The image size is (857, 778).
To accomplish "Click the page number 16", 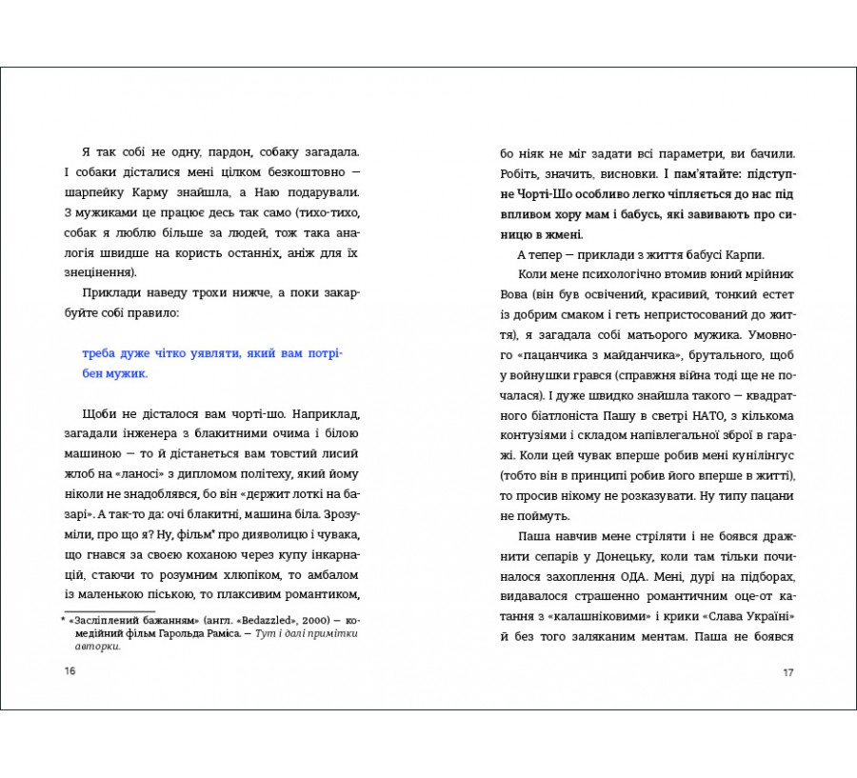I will coord(70,671).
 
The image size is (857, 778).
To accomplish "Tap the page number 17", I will coord(787,673).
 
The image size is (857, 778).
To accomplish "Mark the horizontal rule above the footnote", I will coord(109,610).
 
